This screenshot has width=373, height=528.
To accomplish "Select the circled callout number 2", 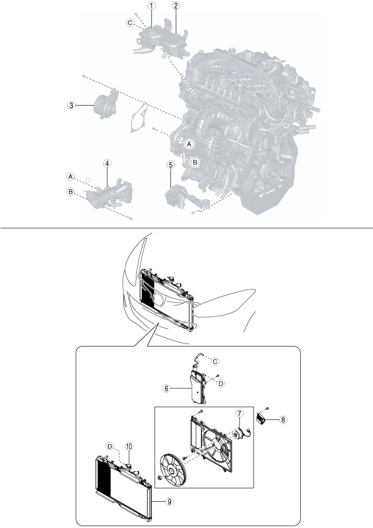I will point(175,5).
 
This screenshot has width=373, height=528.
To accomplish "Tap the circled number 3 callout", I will point(72,105).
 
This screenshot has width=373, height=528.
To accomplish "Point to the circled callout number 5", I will point(172,164).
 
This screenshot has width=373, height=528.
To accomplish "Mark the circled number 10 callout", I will point(129,447).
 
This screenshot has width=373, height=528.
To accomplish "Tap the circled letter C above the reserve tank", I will point(214,360).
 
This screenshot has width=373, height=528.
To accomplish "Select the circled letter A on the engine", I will point(189,144).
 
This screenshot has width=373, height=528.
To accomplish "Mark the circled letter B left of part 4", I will point(71,192).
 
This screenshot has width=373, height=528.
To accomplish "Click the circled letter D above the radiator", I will point(110,447).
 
